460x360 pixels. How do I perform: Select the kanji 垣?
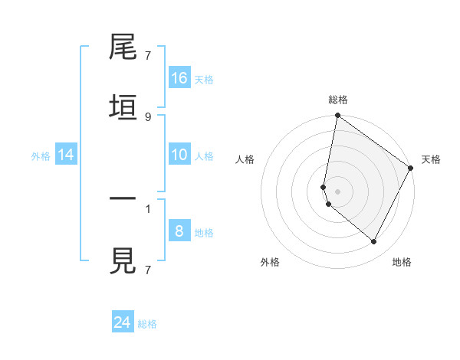123,107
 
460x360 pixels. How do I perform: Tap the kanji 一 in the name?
123,199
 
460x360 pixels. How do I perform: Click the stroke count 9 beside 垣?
148,116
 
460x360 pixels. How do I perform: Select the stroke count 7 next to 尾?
148,55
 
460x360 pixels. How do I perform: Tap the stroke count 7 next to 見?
148,270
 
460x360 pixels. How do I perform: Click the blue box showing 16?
179,78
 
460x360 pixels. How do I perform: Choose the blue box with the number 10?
179,155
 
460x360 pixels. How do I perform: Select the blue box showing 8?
179,231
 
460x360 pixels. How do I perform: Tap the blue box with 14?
66,155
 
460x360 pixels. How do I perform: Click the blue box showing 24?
123,322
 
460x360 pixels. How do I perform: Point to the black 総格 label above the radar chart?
338,100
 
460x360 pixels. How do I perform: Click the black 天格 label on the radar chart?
431,159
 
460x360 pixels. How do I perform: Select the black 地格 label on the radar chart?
402,262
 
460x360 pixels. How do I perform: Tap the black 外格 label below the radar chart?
270,262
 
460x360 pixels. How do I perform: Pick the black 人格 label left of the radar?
245,159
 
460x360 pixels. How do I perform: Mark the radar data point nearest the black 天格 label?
411,168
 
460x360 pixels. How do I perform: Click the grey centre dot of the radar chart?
338,191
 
